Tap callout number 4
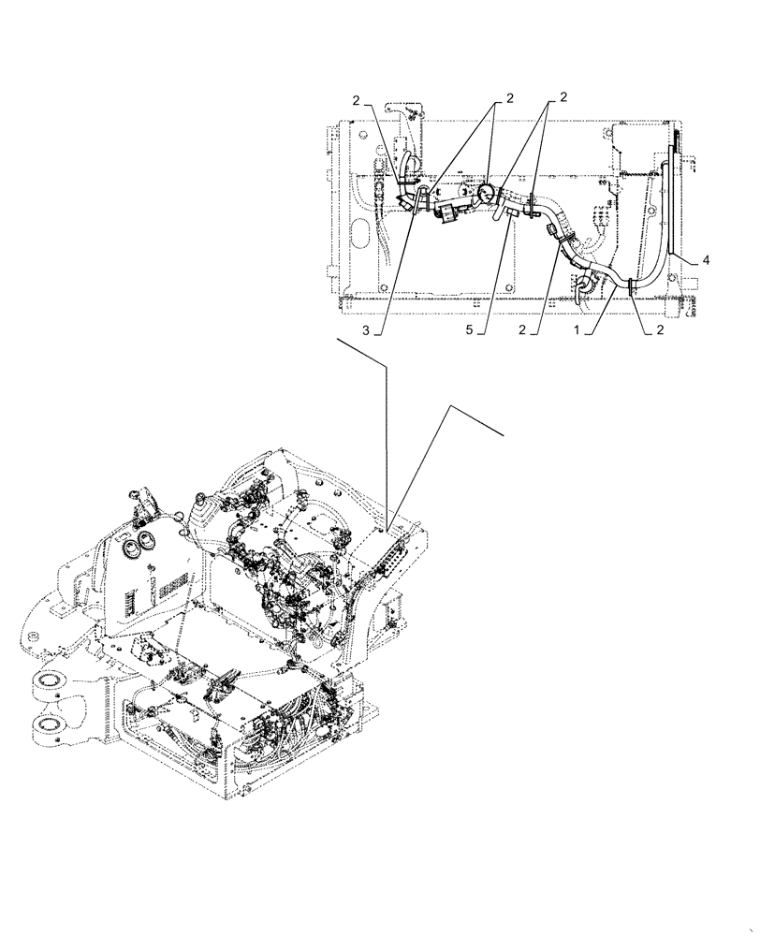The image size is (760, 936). coord(707,261)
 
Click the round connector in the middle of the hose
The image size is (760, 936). coord(486,194)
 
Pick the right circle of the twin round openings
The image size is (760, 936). coord(149,540)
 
